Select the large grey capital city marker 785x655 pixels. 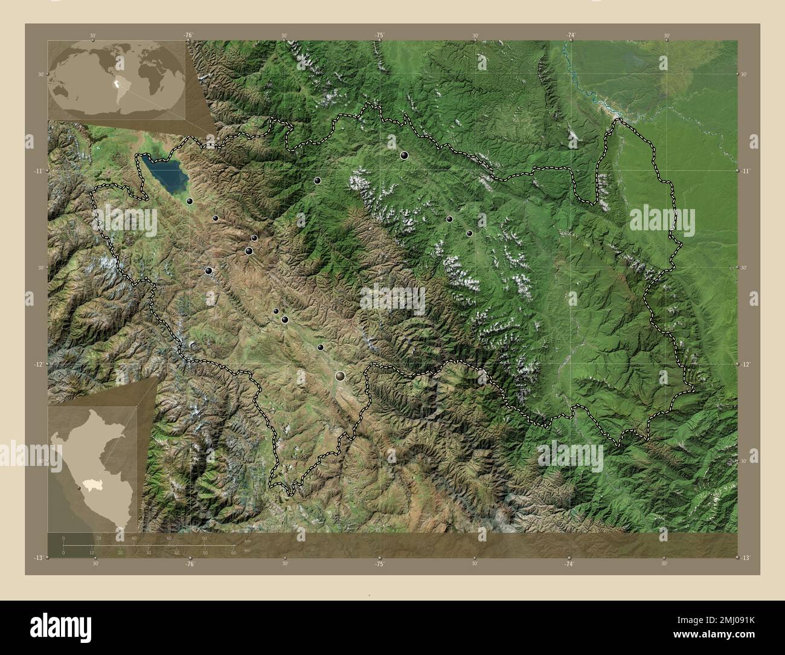pos(341,376)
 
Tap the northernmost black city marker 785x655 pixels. pos(404,155)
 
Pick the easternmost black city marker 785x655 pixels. pos(469,233)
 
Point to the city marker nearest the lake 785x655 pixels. pos(190,201)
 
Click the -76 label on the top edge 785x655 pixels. pos(188,36)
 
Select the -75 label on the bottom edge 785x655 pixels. pos(379,564)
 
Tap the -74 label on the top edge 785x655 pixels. pos(570,36)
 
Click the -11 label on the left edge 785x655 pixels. pos(38,171)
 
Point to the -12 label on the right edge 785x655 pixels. pos(747,364)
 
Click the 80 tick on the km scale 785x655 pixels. pos(205,538)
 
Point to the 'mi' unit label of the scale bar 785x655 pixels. pos(247,550)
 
